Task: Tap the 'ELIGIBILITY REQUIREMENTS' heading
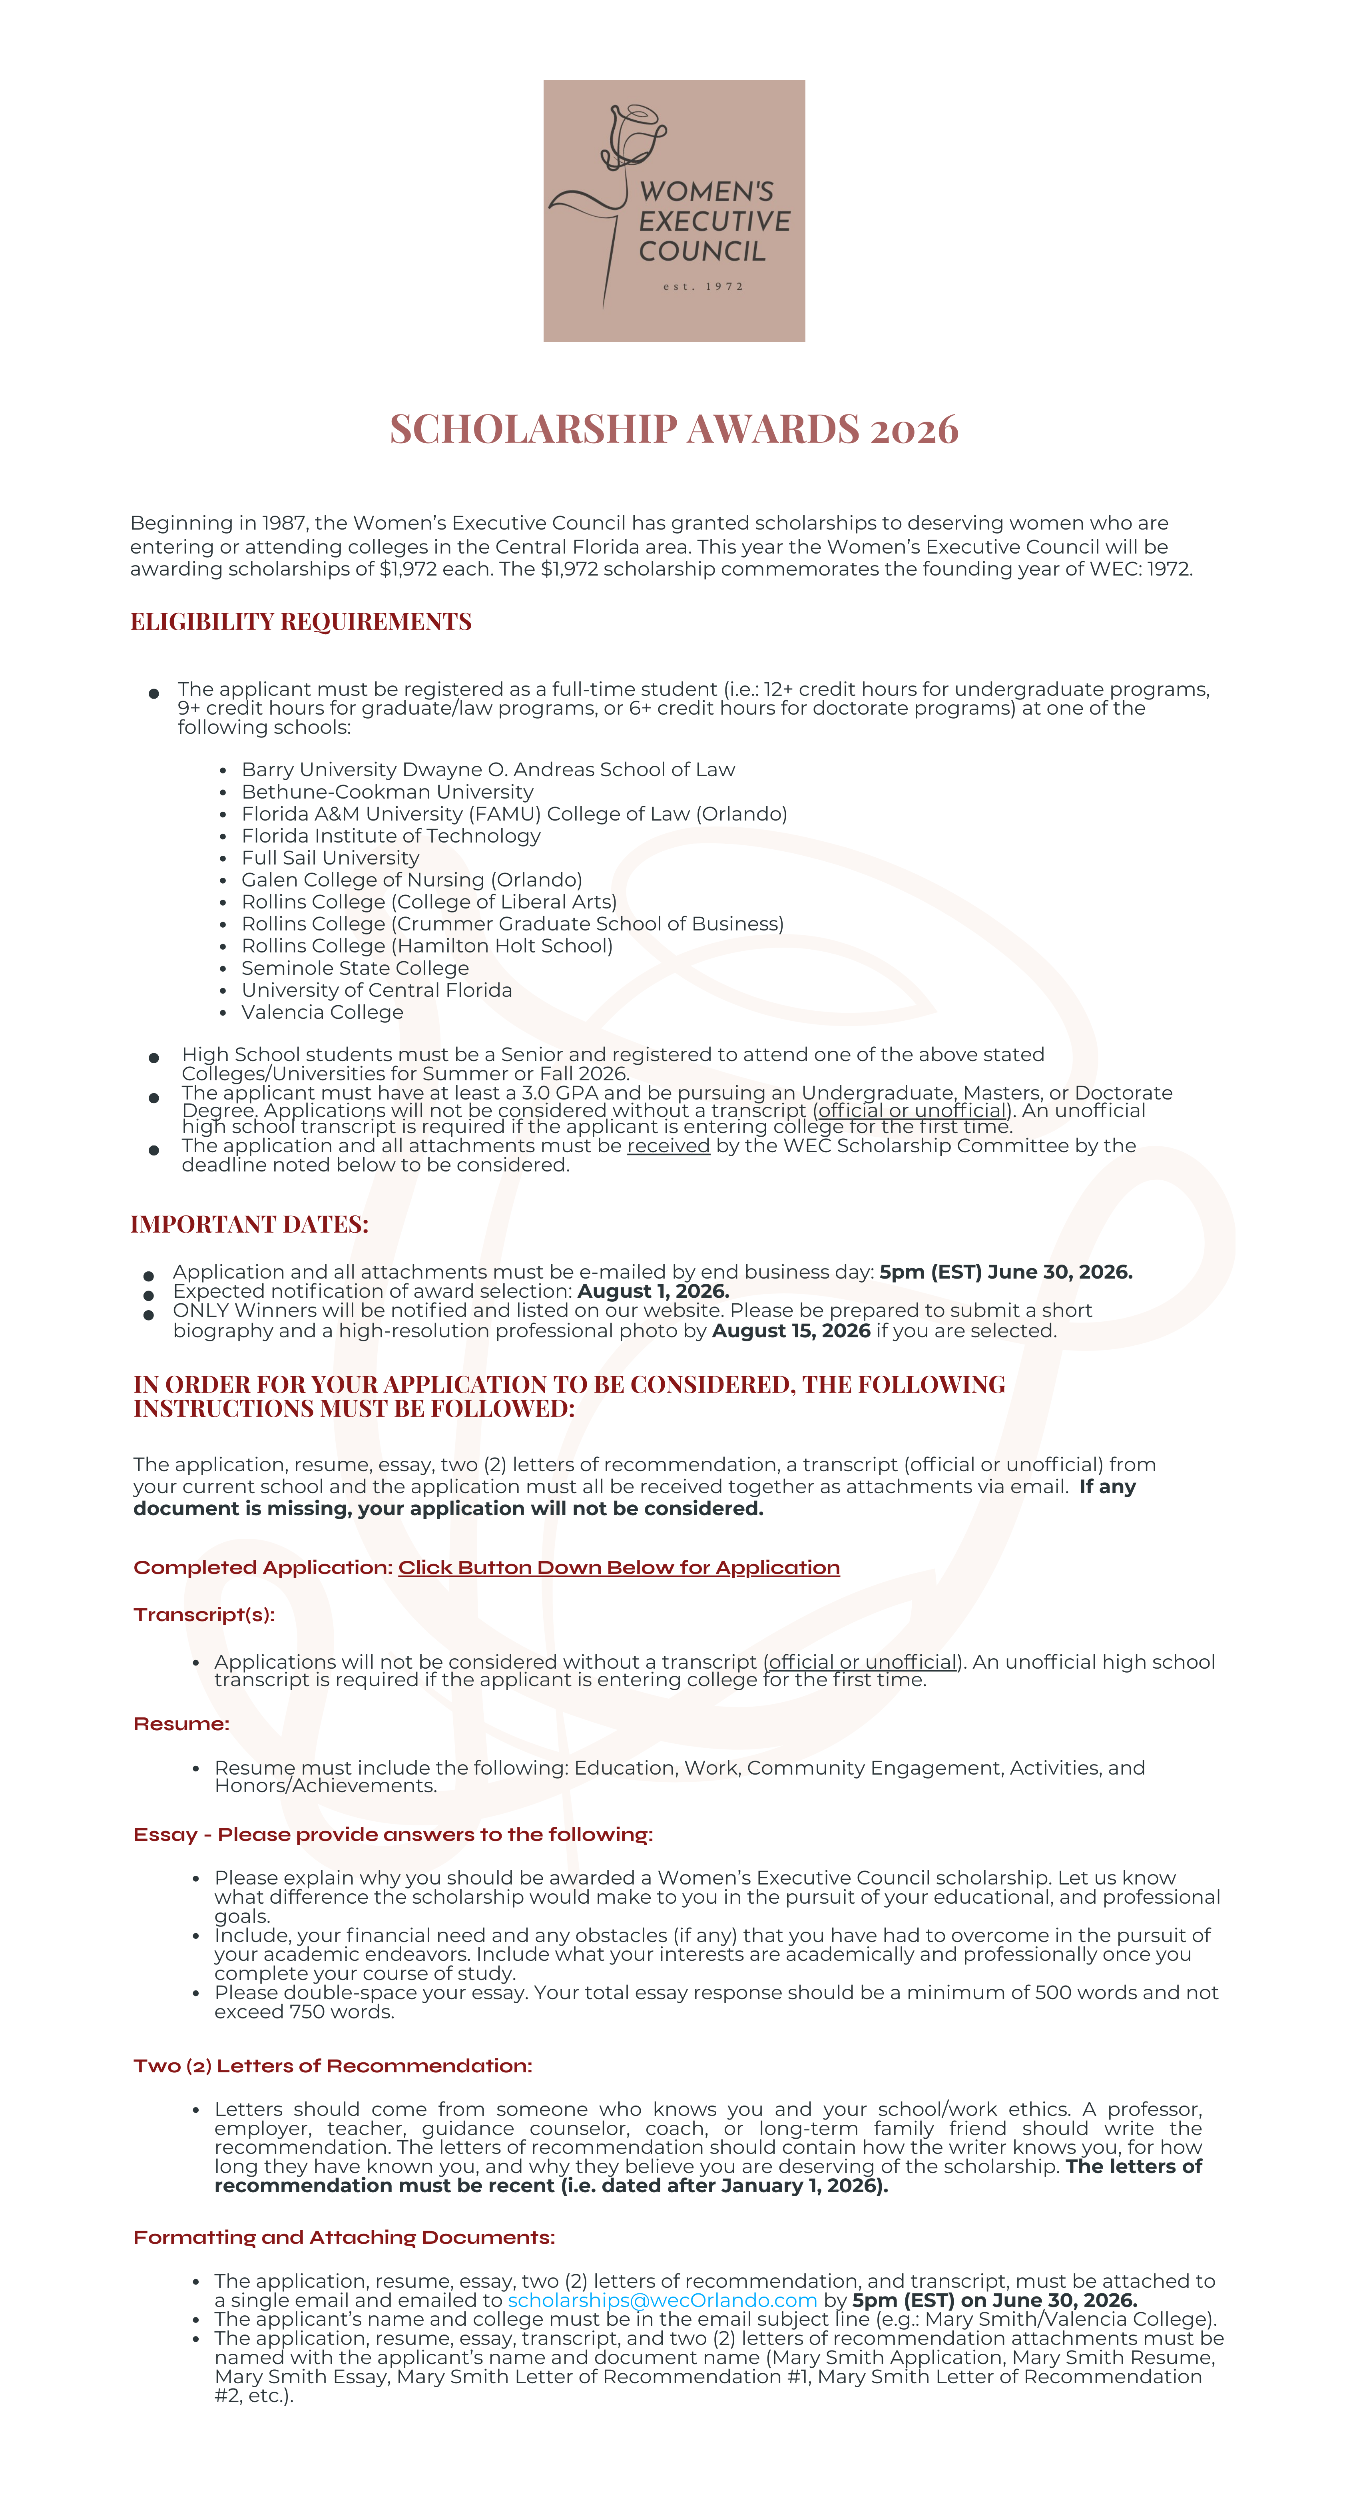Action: click(x=301, y=622)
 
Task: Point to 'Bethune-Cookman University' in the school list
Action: click(x=387, y=791)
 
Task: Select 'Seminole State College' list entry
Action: click(x=355, y=968)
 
